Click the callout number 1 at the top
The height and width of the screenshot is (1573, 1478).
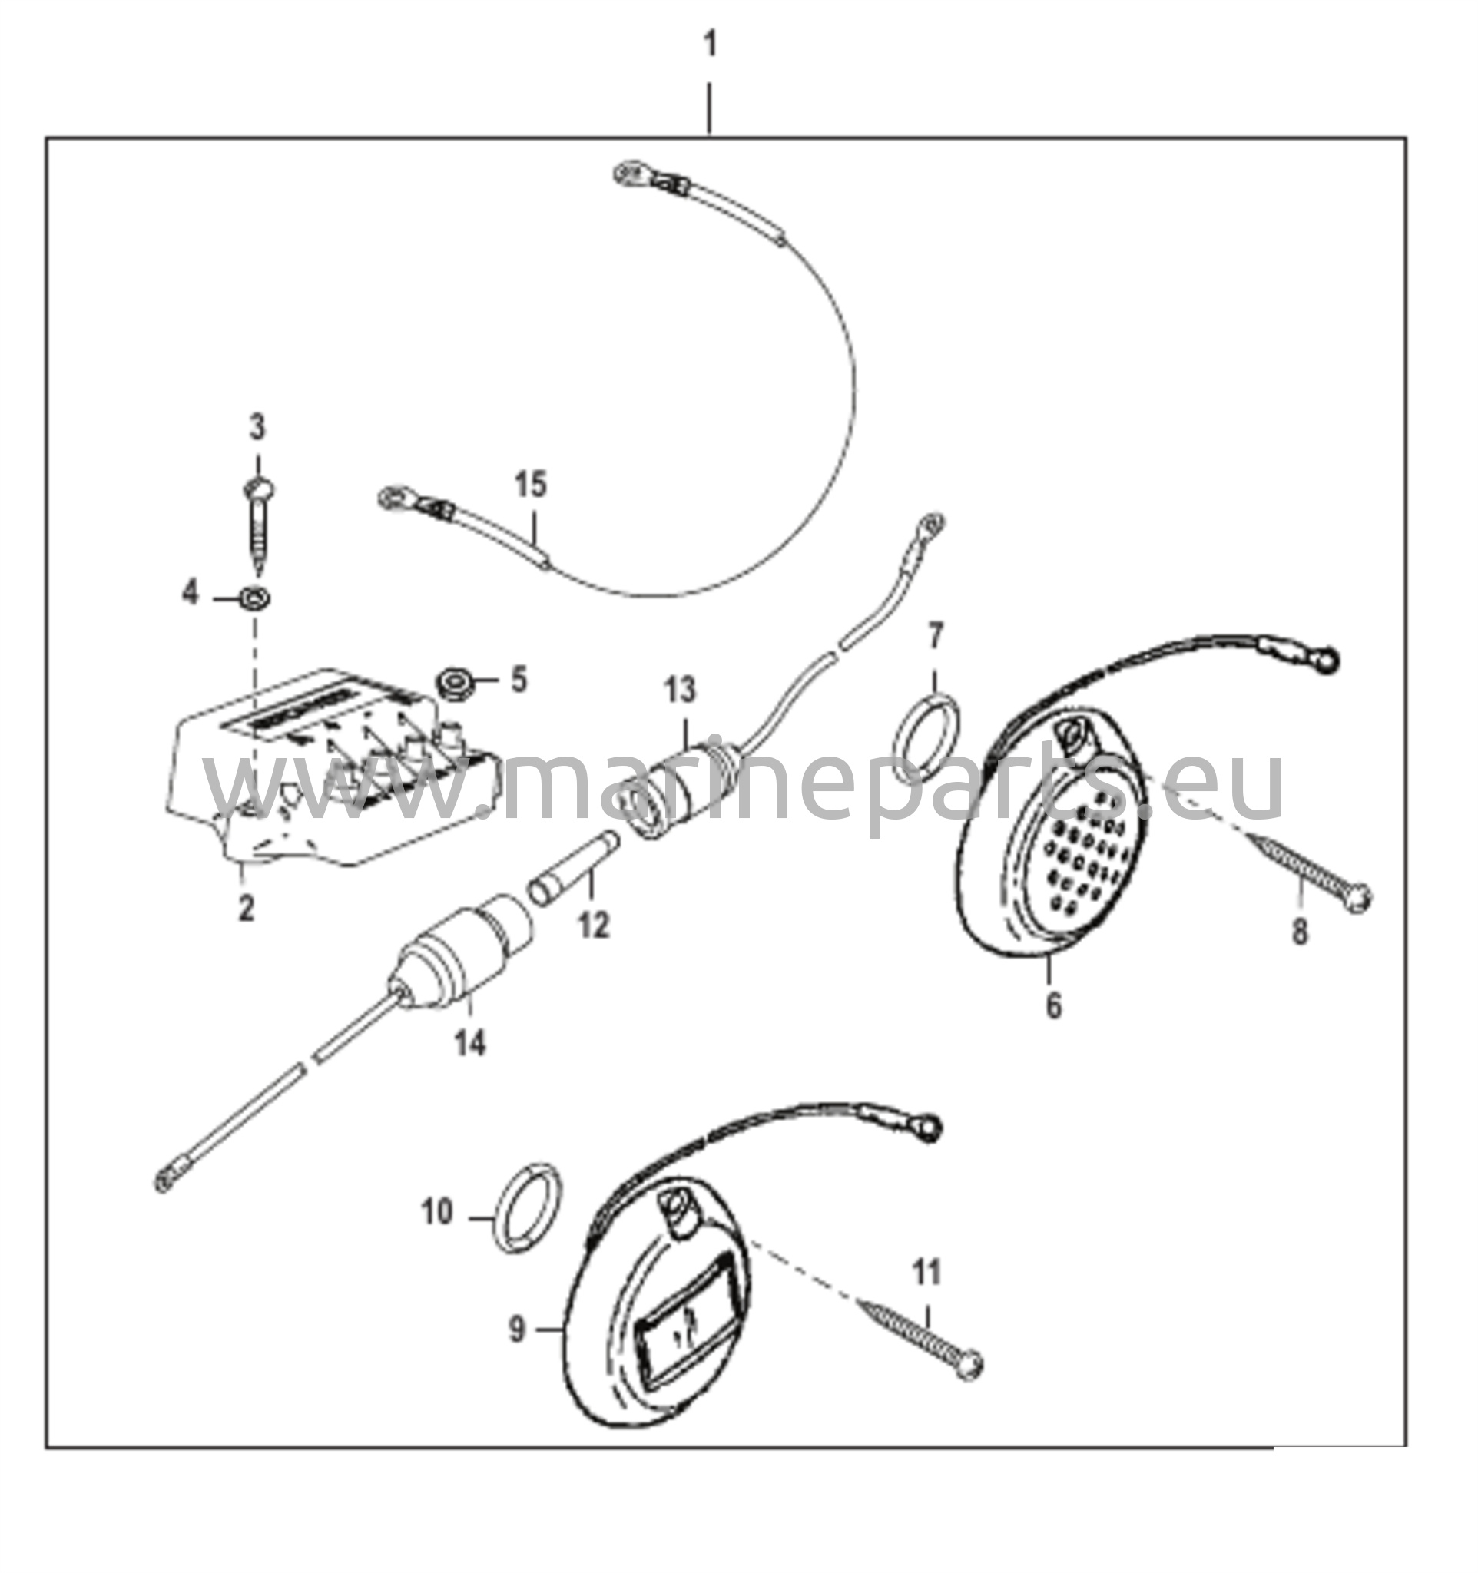tap(710, 45)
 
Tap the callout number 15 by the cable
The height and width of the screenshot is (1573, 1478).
tap(530, 484)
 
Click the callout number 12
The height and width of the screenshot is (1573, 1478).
tap(593, 925)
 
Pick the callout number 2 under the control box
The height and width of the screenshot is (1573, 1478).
tap(246, 908)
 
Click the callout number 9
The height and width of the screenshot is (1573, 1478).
tap(517, 1330)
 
